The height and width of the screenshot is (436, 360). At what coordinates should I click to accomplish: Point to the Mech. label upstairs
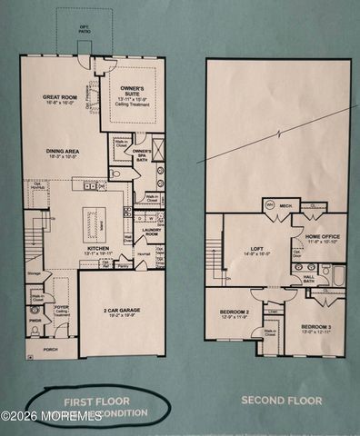point(285,205)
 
